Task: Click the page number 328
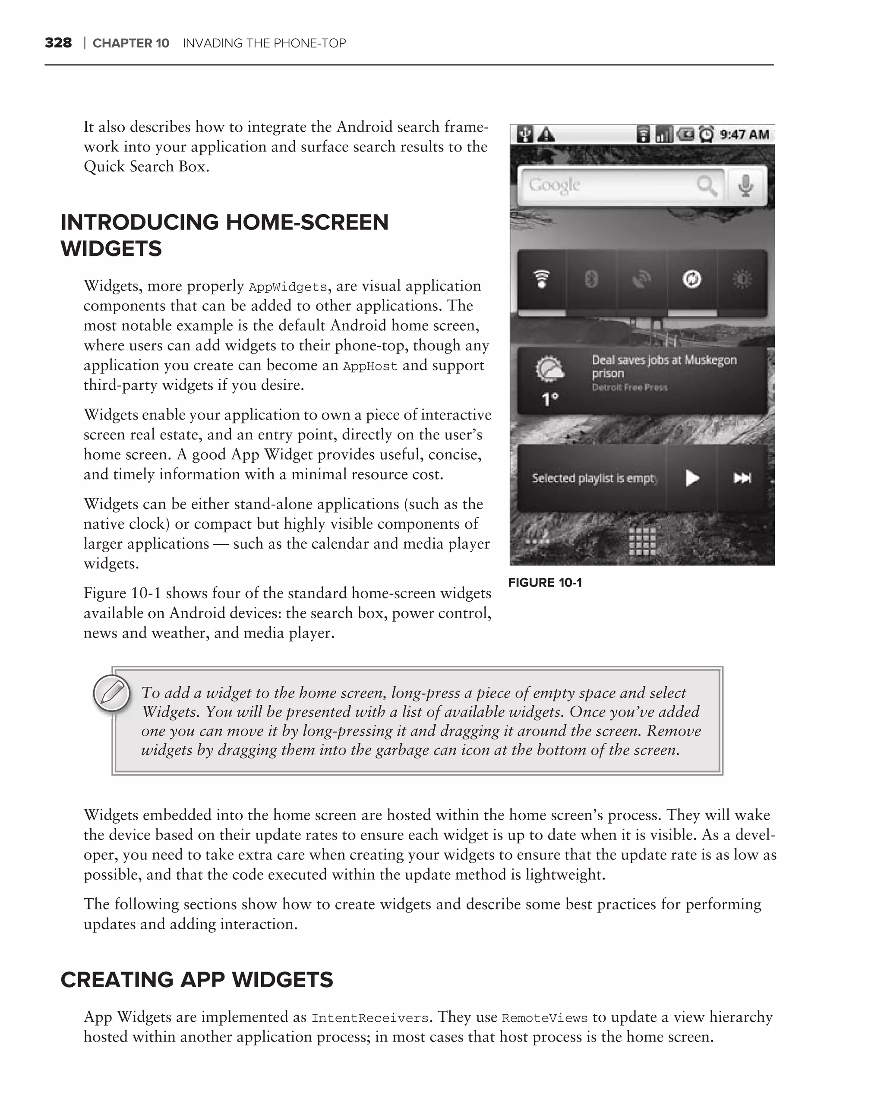[58, 43]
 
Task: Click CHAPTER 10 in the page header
[131, 43]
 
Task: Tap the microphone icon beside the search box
[745, 185]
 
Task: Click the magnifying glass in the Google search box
[707, 186]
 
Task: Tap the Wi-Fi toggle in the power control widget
[542, 280]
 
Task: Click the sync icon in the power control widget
[692, 280]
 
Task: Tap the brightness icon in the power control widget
[742, 280]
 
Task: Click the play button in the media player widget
[692, 478]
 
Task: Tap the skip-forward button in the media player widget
[742, 478]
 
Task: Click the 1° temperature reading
[550, 399]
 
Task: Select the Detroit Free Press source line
[629, 388]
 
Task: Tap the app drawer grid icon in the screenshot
[642, 542]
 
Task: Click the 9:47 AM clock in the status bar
[744, 135]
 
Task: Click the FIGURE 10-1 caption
[545, 583]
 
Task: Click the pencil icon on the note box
[112, 694]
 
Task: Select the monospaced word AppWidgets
[287, 287]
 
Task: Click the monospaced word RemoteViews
[544, 1018]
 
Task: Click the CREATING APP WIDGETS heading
[197, 980]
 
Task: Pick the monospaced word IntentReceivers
[369, 1018]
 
